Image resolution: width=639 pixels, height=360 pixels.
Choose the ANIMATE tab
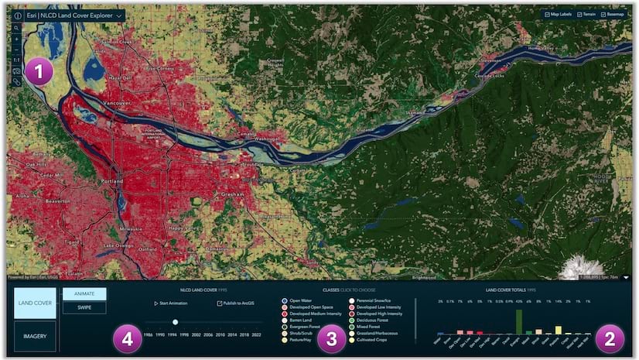point(84,294)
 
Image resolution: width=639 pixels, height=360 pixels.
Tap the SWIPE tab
point(84,307)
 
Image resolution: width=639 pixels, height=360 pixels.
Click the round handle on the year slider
point(176,321)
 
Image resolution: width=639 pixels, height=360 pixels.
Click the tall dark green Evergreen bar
point(519,321)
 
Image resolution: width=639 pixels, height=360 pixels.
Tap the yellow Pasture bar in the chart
point(558,330)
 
